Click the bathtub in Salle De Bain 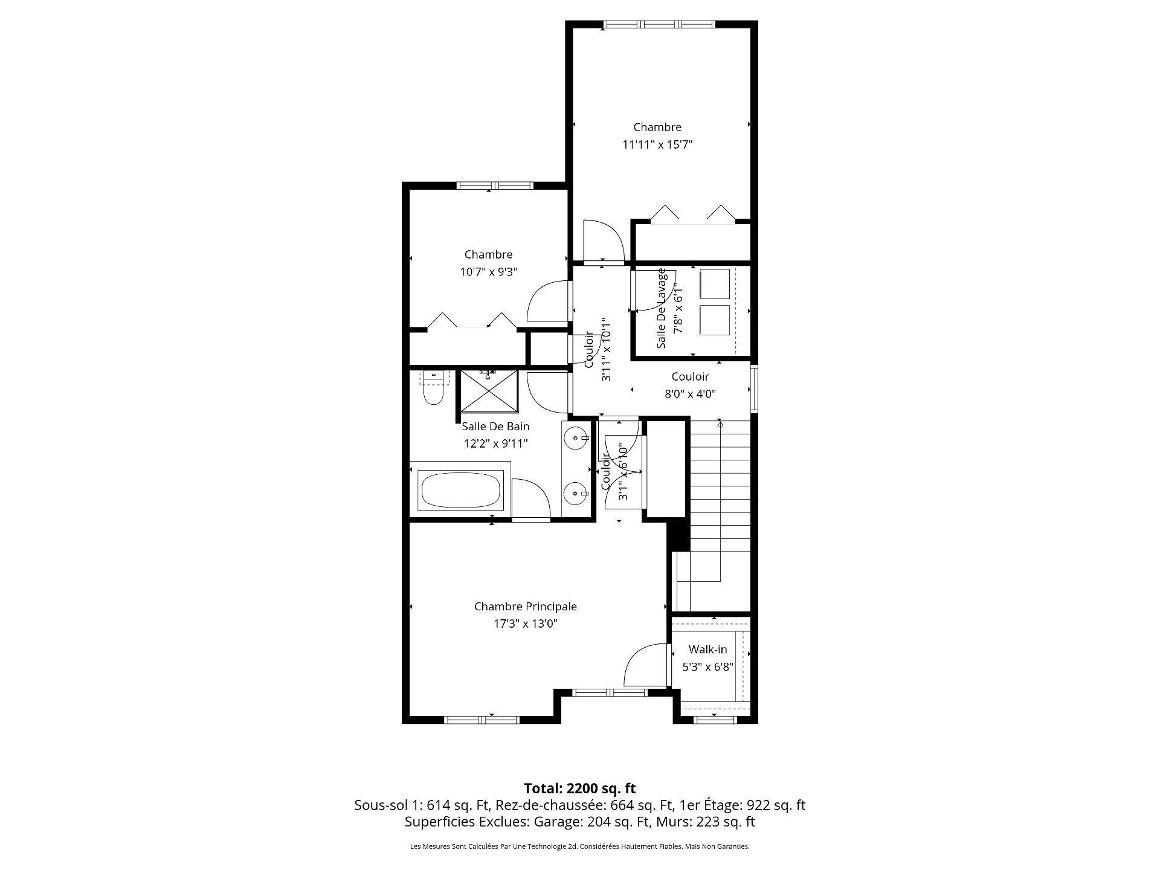click(x=460, y=490)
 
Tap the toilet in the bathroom click(x=433, y=390)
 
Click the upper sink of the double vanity click(x=576, y=437)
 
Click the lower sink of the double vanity click(x=576, y=494)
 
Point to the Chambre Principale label click(x=525, y=607)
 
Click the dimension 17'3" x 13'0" click(x=525, y=624)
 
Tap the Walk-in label click(x=707, y=649)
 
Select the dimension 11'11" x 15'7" click(x=657, y=144)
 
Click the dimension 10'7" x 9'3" click(x=488, y=272)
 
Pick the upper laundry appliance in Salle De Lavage click(x=715, y=284)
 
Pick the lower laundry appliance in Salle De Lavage click(x=715, y=320)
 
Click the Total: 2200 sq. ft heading click(x=579, y=788)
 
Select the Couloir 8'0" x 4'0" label click(x=690, y=385)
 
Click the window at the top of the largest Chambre click(x=659, y=24)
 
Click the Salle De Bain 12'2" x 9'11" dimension click(x=495, y=443)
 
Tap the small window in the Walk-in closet click(x=715, y=719)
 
